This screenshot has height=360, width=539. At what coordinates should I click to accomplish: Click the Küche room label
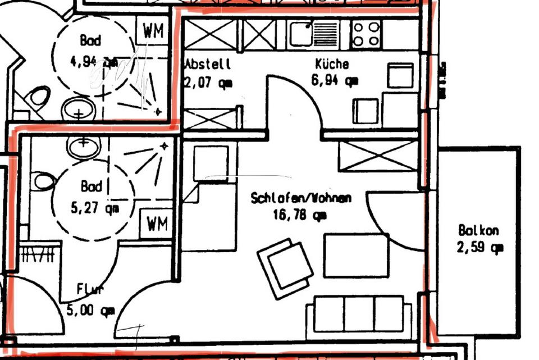331,65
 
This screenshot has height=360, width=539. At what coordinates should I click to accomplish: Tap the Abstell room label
207,65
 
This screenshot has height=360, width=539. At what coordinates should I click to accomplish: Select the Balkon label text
478,230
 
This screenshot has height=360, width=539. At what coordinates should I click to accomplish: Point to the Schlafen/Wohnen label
301,198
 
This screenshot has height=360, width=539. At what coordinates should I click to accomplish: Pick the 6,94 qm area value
334,80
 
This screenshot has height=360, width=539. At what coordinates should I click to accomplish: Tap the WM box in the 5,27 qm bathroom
157,224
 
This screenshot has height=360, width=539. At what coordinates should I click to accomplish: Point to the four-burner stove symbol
366,34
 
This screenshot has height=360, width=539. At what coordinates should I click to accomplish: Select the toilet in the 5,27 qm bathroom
43,181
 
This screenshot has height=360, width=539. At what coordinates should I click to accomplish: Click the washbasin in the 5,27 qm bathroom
83,148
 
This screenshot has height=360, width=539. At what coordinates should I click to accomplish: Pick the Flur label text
90,290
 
